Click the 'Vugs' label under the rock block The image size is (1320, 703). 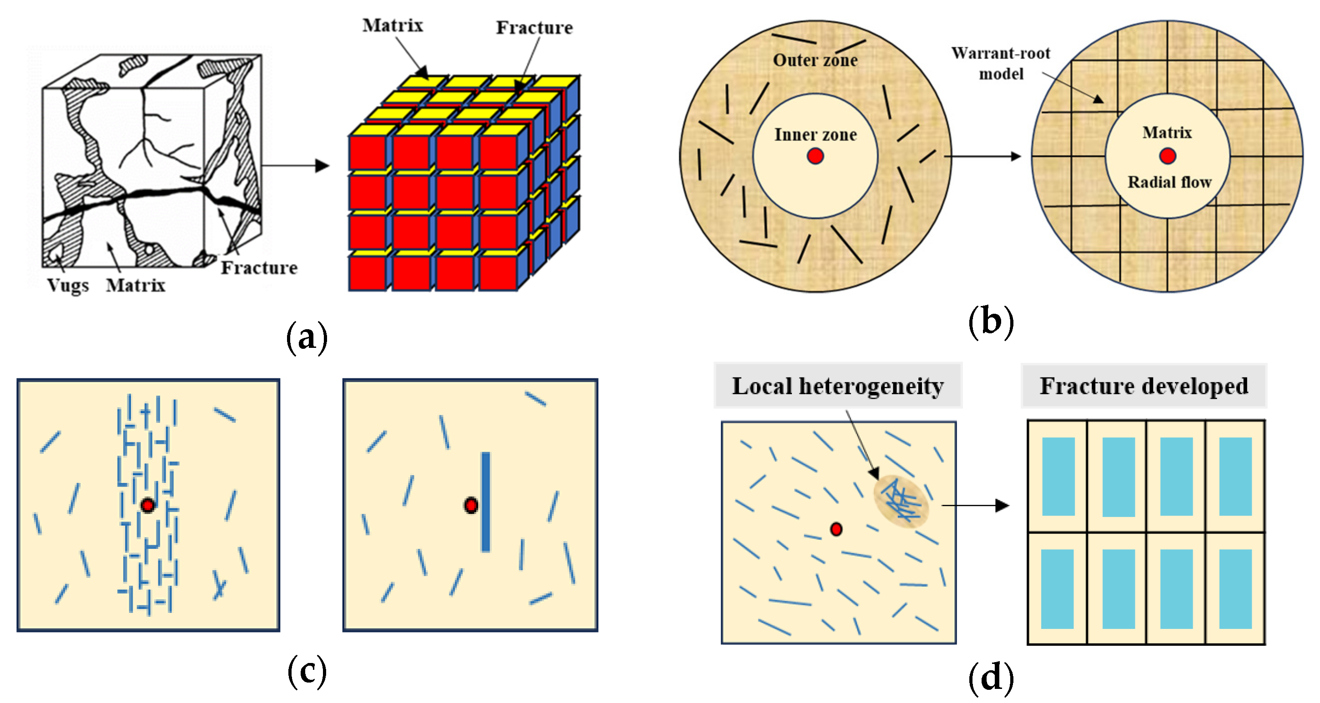pos(68,286)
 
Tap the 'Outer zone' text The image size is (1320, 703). pos(815,60)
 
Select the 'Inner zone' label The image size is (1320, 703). pos(815,134)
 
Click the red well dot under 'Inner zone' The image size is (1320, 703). pos(815,156)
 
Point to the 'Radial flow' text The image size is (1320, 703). pos(1169,182)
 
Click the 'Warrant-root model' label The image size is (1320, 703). pos(1000,64)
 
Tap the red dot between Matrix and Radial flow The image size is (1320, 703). pos(1167,156)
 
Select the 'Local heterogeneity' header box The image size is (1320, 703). pos(837,386)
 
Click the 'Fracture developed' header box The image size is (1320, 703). pos(1143,386)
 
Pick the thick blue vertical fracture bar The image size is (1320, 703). pos(485,502)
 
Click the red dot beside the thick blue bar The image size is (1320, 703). pos(470,505)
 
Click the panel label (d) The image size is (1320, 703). pos(991,678)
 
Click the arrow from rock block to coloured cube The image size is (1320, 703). pos(295,166)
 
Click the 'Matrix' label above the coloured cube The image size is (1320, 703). pos(393,25)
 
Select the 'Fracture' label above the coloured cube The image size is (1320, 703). pos(534,27)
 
